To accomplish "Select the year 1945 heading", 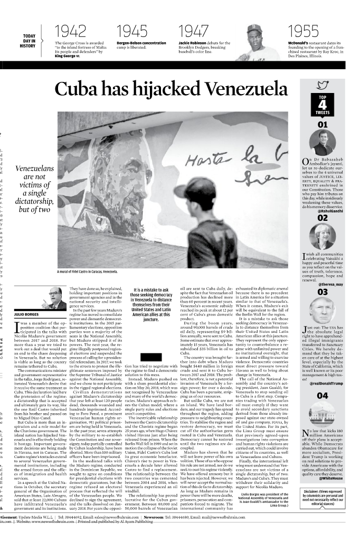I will click(132, 31).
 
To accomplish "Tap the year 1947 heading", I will click(194, 31).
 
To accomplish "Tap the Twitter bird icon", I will click(323, 86).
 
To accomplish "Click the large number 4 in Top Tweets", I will click(323, 106).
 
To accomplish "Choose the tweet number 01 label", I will click(323, 125).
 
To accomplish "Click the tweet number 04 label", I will click(323, 395).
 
